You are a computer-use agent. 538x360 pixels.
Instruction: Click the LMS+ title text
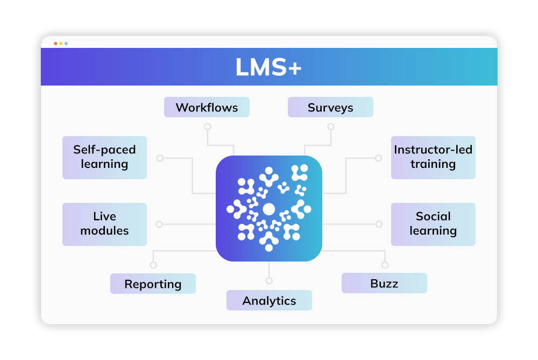coord(268,67)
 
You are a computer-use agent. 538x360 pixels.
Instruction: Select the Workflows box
coord(207,107)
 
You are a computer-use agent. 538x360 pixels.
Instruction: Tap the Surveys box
coord(330,107)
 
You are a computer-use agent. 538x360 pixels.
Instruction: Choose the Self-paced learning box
coord(104,157)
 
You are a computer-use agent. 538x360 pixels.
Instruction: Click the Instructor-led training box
coord(433,157)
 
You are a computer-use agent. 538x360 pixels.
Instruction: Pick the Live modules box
coord(104,224)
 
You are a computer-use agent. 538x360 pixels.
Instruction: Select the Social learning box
coord(433,224)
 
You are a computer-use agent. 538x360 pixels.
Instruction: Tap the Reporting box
coord(153,284)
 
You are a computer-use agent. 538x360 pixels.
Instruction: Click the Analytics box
coord(269,300)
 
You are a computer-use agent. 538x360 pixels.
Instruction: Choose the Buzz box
coord(384,283)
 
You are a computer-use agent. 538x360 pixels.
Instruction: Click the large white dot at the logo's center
coord(268,209)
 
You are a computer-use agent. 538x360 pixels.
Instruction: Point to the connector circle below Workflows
coord(207,127)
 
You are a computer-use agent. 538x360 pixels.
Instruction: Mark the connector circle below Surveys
coord(331,127)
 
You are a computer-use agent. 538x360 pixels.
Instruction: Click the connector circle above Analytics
coord(269,280)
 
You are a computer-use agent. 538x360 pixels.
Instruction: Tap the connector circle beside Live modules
coord(159,224)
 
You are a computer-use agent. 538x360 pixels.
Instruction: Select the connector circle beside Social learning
coord(379,224)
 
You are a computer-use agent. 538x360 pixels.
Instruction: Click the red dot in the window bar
coord(55,43)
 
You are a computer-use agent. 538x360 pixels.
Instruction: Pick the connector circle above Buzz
coord(385,265)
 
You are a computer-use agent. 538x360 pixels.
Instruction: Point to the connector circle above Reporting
coord(153,265)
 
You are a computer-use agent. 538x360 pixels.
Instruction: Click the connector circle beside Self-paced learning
coord(159,158)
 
